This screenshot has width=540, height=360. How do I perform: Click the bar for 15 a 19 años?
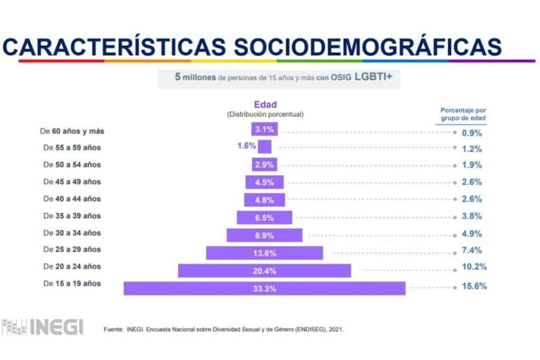[x=264, y=288]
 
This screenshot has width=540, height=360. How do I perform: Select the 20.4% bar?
[x=264, y=271]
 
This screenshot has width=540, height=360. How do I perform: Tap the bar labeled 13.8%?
[x=264, y=253]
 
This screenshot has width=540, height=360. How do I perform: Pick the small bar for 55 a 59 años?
[x=265, y=147]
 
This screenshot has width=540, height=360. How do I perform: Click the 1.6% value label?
[x=246, y=146]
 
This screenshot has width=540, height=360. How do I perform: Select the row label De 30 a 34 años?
[x=72, y=233]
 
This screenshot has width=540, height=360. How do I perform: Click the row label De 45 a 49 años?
[x=72, y=182]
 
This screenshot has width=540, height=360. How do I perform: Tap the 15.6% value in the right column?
[x=475, y=287]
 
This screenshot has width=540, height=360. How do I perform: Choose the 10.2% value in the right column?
[x=475, y=267]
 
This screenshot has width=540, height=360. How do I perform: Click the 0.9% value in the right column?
[x=472, y=133]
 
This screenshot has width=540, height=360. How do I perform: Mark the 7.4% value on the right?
[x=472, y=250]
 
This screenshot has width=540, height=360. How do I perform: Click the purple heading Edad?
[x=265, y=105]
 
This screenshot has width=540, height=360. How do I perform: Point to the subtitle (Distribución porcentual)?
[x=265, y=114]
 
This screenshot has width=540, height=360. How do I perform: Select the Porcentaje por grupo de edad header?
[x=463, y=114]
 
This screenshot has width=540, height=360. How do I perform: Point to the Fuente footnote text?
[x=224, y=330]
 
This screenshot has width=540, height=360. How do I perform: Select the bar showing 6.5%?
[x=264, y=217]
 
